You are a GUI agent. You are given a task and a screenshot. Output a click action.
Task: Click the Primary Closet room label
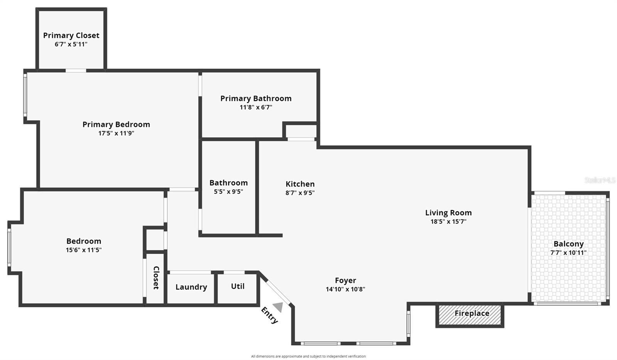71,35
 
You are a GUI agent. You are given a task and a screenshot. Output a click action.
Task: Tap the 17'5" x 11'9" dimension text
116,133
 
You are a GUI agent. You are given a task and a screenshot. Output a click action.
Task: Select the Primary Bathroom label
256,99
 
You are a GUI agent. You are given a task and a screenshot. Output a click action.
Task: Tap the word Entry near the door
269,315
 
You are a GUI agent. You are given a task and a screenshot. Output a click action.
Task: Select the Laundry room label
191,287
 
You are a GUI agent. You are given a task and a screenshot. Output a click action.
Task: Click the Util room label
238,286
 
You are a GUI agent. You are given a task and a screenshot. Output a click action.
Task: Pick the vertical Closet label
156,278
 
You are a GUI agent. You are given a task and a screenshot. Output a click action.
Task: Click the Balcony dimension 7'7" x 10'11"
568,253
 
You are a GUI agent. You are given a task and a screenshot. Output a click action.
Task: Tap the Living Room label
448,213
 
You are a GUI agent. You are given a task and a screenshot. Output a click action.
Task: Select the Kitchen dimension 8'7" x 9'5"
300,193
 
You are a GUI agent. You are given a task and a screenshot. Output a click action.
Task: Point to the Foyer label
345,281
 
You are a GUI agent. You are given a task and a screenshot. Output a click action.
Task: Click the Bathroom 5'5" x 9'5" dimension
229,192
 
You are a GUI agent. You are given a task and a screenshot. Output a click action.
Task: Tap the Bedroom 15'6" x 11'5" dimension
84,250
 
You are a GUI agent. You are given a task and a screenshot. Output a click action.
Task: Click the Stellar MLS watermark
600,180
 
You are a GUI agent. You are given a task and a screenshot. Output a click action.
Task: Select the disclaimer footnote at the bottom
308,356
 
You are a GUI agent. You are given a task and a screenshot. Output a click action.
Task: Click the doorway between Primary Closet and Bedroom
76,71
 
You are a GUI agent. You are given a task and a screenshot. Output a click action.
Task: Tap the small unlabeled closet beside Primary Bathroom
301,131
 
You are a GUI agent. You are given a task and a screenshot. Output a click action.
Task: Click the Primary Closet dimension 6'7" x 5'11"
71,44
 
